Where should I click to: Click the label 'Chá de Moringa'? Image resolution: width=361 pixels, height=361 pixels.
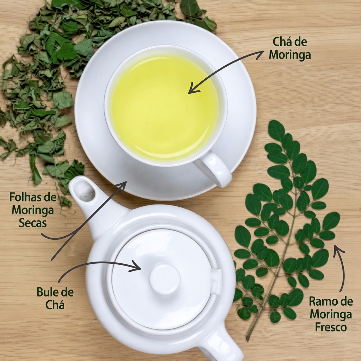[290, 48]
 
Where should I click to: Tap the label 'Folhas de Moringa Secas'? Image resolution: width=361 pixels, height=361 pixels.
[33, 210]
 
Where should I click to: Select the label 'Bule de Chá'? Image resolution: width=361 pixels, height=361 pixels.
[55, 299]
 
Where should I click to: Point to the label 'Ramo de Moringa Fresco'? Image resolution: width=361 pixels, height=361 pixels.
[331, 314]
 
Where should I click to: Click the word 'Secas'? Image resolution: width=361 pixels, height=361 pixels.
[33, 223]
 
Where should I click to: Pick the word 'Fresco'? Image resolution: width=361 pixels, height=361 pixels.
[331, 327]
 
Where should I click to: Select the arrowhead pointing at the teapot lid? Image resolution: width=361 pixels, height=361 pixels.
[136, 267]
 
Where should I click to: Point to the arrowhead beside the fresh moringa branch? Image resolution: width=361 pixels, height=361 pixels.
[338, 250]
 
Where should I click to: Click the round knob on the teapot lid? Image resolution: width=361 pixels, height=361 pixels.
[165, 279]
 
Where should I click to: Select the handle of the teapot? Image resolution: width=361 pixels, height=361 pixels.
[221, 345]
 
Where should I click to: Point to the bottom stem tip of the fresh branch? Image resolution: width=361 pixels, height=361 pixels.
[247, 339]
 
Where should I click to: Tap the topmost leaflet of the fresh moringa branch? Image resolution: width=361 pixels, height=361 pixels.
[276, 130]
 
